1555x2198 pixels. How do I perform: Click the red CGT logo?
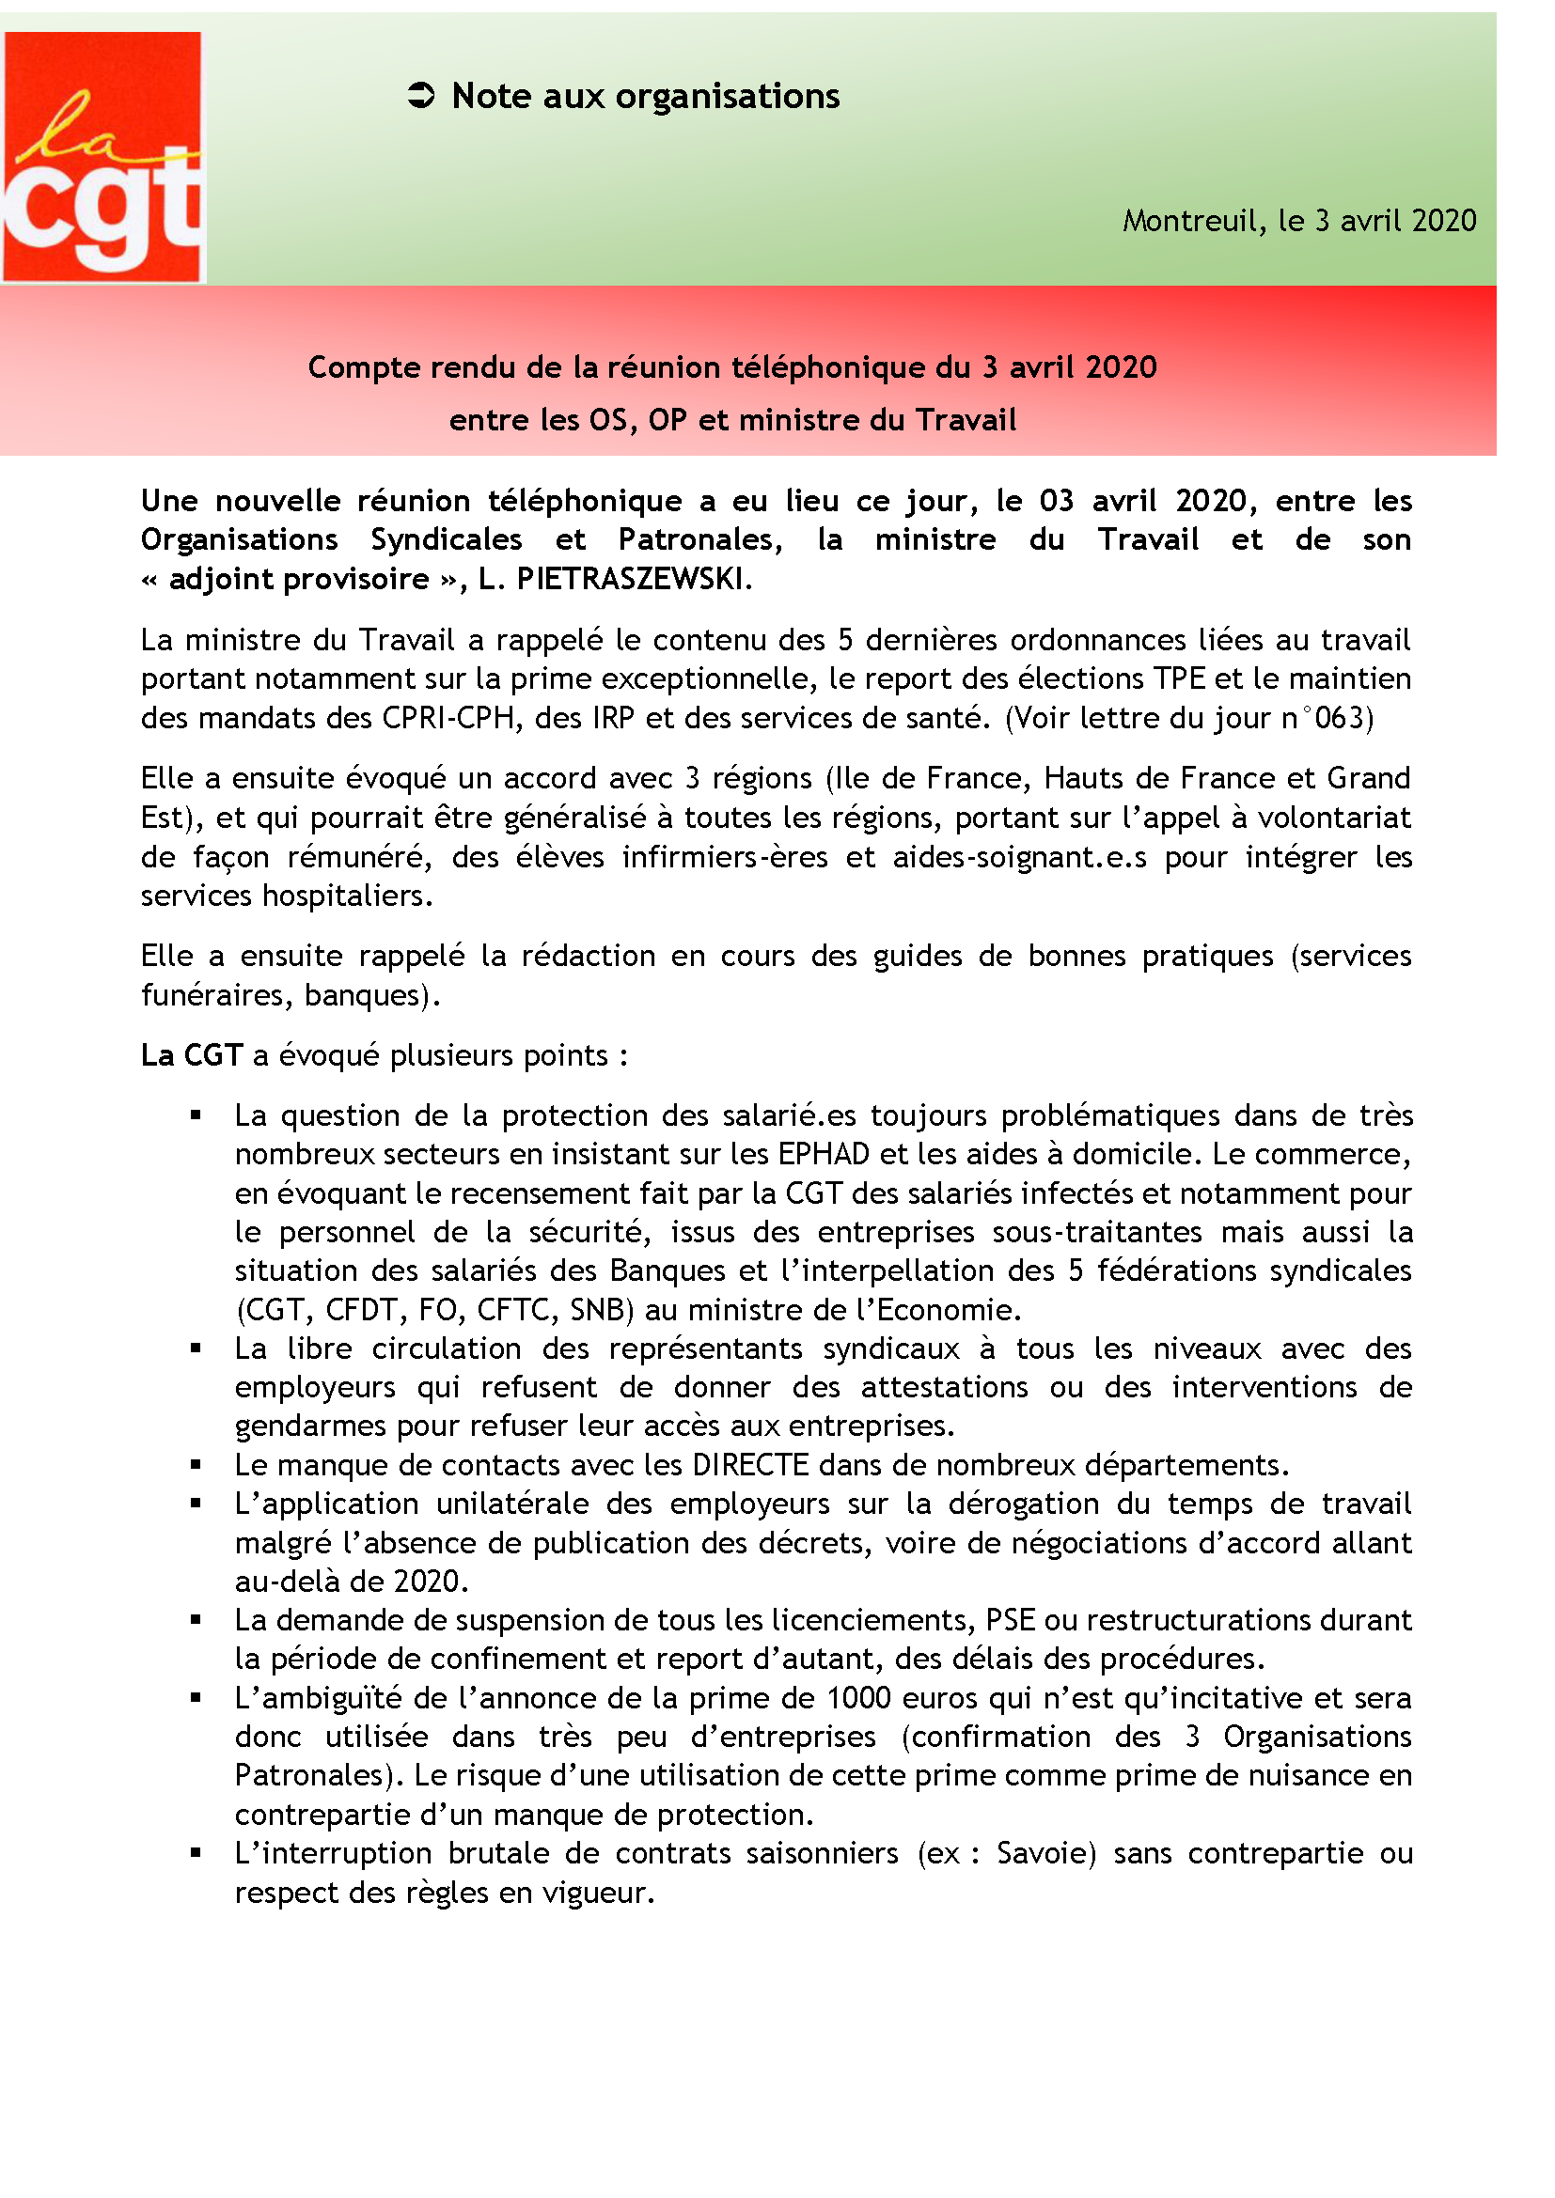point(102,156)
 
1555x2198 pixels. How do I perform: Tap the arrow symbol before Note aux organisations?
point(421,96)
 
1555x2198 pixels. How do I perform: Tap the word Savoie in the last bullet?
point(1045,1853)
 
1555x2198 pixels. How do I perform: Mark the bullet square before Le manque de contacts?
point(196,1465)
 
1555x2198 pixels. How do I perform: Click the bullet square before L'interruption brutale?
point(196,1853)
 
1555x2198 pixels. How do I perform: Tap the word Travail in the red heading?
point(966,420)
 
